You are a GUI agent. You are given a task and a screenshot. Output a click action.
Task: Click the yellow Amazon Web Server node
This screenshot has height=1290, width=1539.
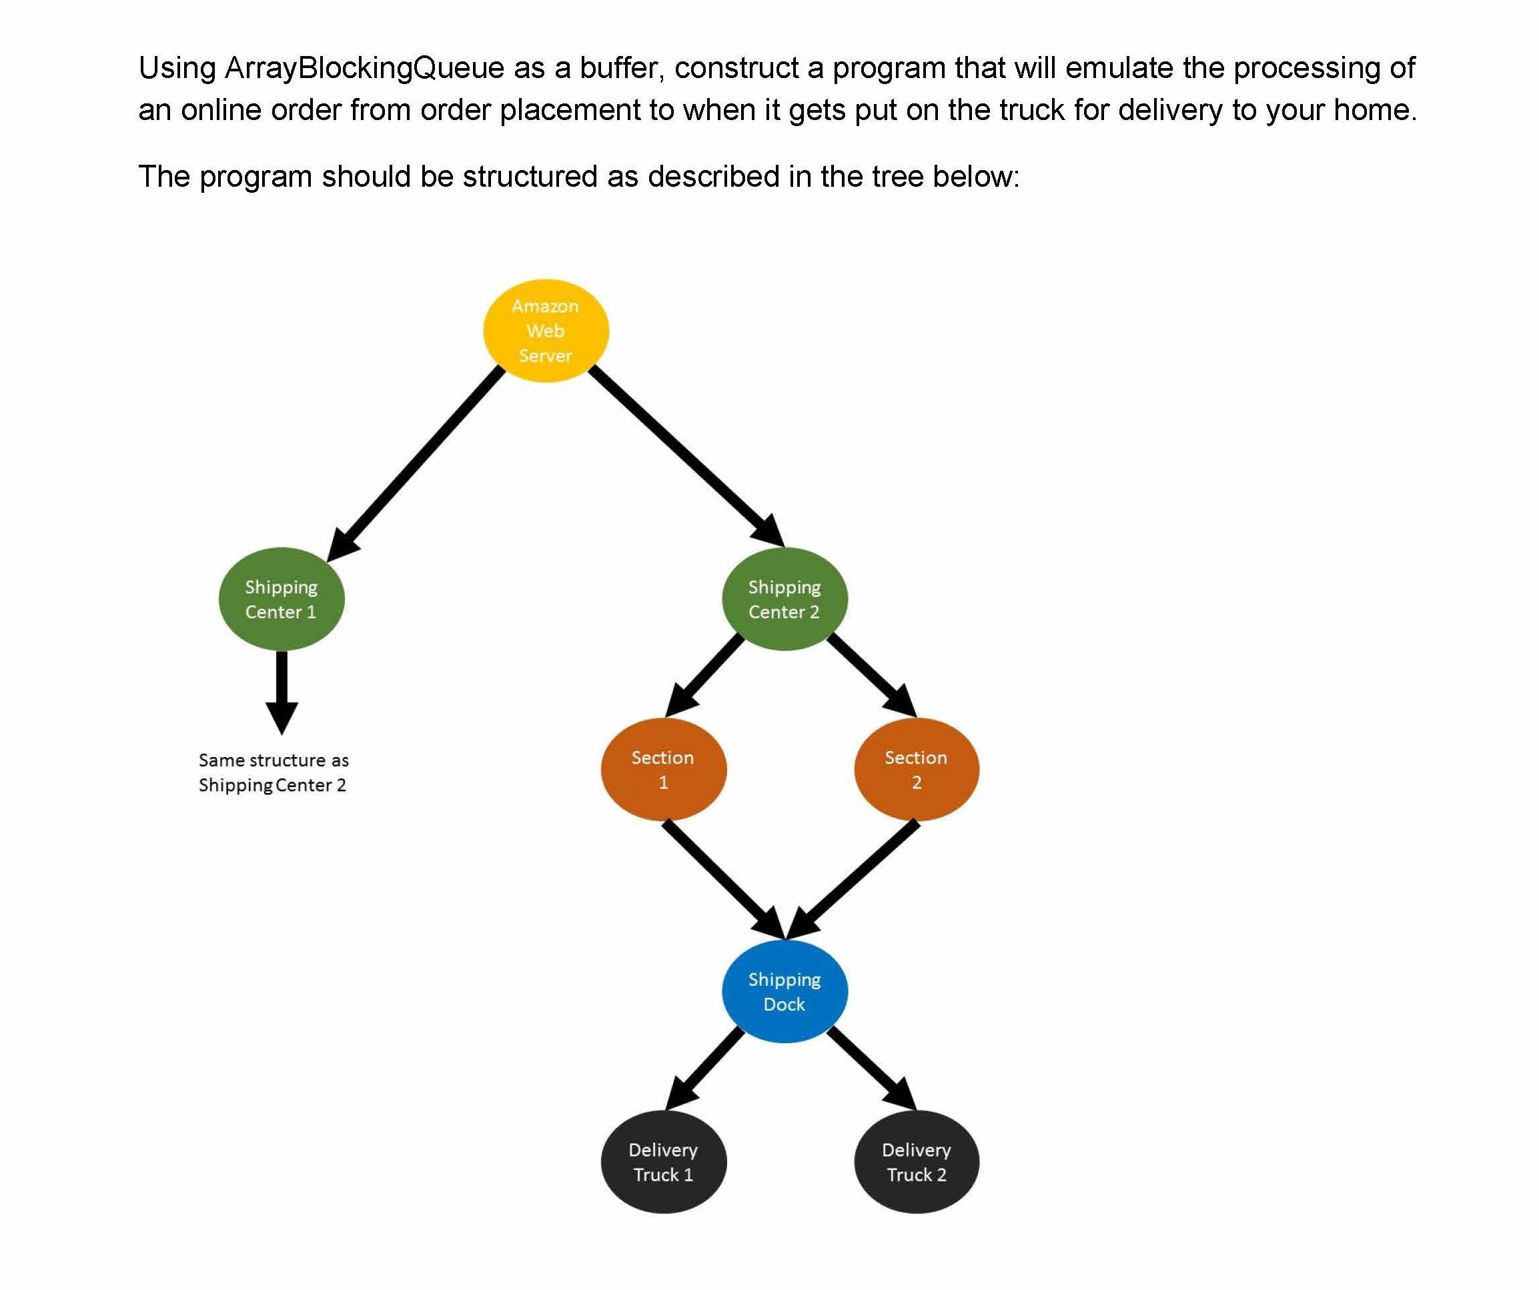[546, 331]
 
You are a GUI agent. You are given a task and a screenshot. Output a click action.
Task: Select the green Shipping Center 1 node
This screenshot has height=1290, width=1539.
[282, 599]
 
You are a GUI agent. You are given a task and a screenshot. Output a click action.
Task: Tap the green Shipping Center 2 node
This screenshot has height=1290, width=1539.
[784, 599]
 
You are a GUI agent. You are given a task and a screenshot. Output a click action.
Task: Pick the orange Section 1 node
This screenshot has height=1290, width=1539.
[663, 770]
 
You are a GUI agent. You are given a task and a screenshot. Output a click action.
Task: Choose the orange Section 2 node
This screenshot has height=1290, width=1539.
[916, 770]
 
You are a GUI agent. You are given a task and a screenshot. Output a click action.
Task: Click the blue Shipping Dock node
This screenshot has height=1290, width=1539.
[784, 992]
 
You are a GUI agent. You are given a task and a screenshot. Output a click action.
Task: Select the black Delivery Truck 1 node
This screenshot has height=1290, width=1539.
[663, 1162]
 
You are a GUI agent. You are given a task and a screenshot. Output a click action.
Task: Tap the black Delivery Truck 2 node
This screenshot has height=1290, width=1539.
[916, 1162]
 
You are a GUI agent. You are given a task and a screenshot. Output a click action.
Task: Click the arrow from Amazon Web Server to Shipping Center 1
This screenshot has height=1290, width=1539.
[418, 462]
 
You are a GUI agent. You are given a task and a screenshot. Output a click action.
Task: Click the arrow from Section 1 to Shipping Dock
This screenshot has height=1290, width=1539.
[722, 880]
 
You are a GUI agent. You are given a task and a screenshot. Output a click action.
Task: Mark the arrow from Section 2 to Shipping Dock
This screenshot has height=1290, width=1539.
[854, 880]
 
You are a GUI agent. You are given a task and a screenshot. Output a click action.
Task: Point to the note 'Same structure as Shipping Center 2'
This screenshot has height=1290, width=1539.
[274, 772]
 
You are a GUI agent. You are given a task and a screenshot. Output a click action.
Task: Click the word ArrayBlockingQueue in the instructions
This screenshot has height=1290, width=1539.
[364, 68]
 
